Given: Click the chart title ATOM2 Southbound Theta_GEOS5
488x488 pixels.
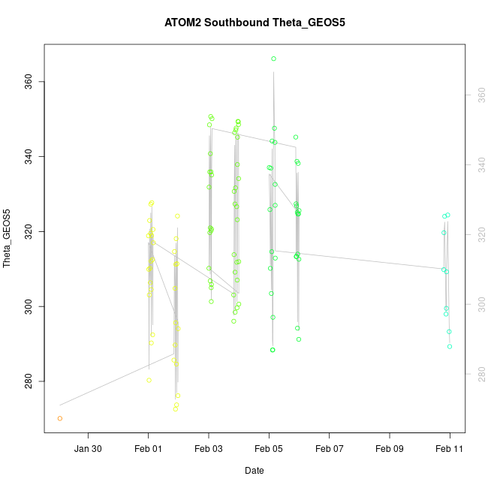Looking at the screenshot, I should [255, 23].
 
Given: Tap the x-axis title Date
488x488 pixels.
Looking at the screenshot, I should [254, 471].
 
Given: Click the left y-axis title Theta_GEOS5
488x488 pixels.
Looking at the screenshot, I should [8, 239].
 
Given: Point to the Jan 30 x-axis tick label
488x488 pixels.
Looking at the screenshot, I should [88, 449].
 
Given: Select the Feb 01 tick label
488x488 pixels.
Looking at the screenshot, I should [148, 449].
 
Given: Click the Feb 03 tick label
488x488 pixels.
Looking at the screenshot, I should [209, 449].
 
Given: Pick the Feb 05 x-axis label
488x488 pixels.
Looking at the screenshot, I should [269, 449].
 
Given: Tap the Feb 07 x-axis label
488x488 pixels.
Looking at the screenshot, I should [329, 449].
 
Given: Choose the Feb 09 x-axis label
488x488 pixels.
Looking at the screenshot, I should [390, 449].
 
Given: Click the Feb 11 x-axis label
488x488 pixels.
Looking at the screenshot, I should [450, 449].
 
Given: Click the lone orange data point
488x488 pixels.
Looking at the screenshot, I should [60, 418].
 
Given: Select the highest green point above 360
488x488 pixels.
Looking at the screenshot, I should [274, 59].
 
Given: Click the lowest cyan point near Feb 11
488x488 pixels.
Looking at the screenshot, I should [450, 346].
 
